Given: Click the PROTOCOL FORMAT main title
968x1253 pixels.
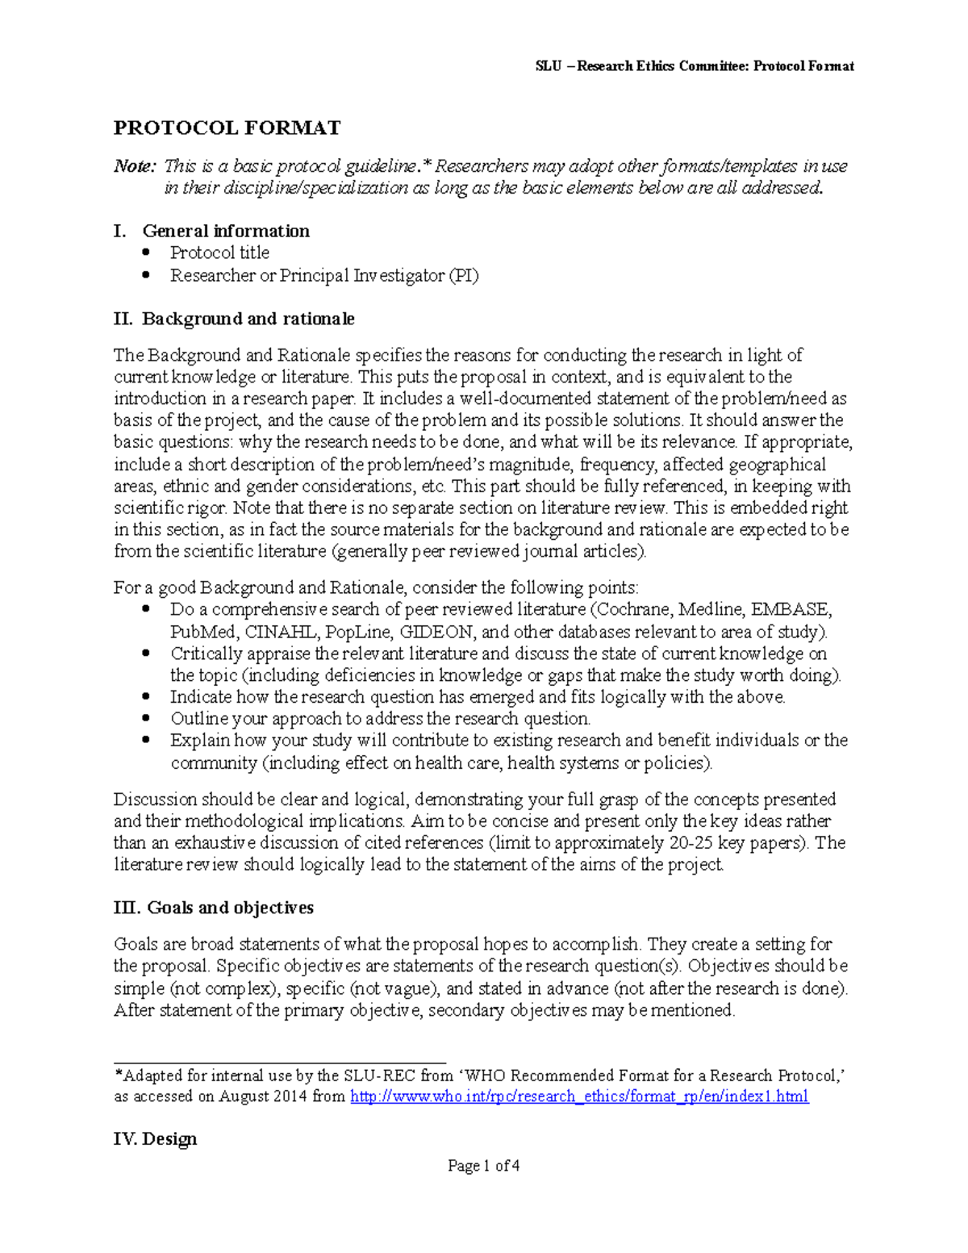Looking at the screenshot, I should [227, 127].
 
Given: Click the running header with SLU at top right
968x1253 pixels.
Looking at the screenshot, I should [694, 66].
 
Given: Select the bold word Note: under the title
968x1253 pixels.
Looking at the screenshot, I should [134, 166].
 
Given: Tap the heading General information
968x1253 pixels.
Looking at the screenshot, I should [226, 231].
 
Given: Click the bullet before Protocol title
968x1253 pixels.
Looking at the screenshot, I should [146, 252].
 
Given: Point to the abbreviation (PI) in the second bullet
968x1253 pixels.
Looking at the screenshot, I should [464, 275].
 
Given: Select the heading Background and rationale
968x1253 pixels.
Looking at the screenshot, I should [248, 319].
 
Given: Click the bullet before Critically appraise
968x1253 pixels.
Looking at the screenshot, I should [146, 653].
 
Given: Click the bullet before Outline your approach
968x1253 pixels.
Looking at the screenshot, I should [146, 718].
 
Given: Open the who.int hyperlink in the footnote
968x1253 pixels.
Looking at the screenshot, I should [578, 1096].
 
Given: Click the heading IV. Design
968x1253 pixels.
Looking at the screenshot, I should [155, 1139].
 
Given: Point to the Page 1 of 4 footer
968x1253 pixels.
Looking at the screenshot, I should [483, 1165].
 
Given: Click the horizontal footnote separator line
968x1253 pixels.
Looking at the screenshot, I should [279, 1063].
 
